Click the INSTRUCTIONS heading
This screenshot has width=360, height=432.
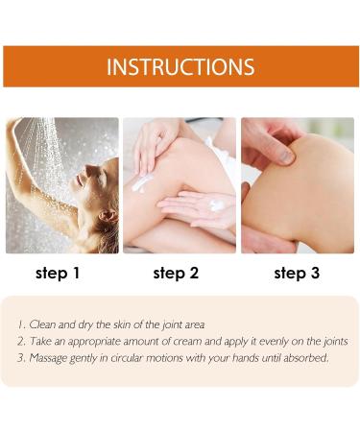point(180,66)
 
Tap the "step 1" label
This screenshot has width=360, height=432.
point(58,274)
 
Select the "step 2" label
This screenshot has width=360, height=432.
point(176,274)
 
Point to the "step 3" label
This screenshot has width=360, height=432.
point(297,274)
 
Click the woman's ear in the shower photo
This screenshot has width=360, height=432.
point(108,215)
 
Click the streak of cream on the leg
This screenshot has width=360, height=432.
point(142,183)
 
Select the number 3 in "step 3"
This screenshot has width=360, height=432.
point(315,273)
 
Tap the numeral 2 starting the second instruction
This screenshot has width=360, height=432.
point(21,341)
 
